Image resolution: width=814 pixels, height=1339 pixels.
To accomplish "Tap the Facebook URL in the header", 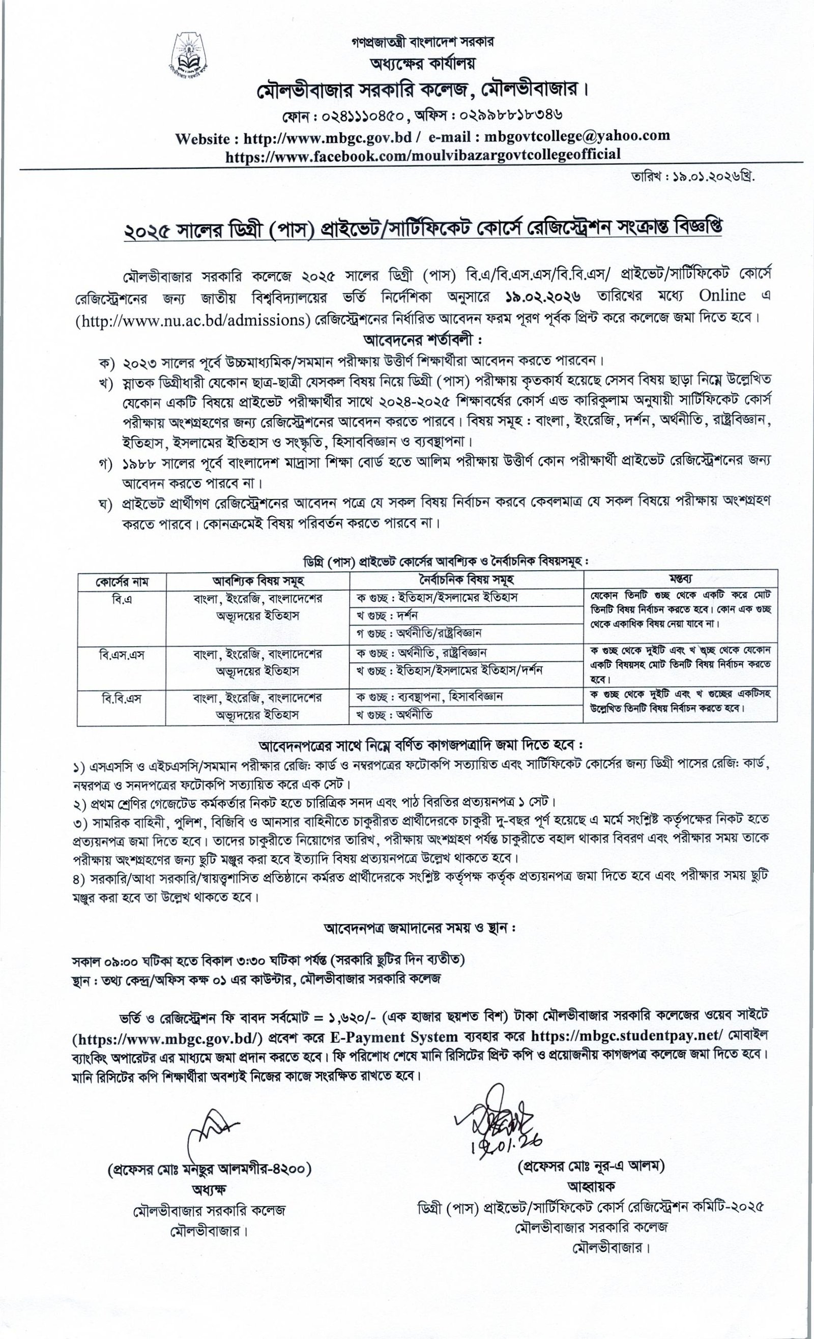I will [x=423, y=154].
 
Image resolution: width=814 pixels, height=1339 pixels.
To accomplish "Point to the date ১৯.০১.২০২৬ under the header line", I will [x=707, y=177].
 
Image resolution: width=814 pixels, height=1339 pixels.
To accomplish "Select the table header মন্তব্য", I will [x=680, y=578].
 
